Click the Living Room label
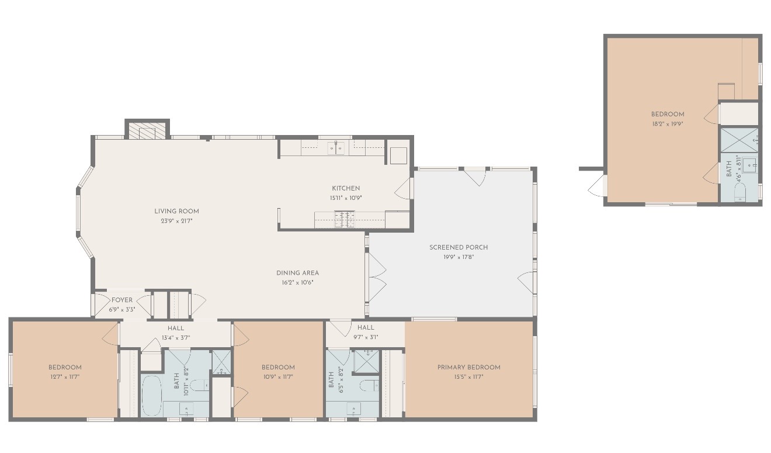[176, 211]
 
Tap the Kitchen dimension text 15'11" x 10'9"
[346, 198]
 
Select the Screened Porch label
[459, 247]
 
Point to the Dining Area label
[297, 273]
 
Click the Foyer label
[122, 300]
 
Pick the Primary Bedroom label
[469, 367]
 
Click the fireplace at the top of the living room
[147, 131]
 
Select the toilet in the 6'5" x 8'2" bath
[369, 385]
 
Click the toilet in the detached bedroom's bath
[739, 191]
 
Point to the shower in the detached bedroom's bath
[739, 140]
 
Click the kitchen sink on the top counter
[336, 148]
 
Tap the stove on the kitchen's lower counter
[344, 220]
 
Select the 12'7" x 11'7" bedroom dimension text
[65, 377]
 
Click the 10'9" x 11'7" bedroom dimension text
[278, 377]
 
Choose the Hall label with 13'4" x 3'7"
[176, 328]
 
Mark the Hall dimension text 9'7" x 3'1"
[366, 337]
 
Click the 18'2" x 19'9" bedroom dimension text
[668, 124]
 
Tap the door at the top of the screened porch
[475, 177]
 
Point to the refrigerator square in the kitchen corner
[398, 155]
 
